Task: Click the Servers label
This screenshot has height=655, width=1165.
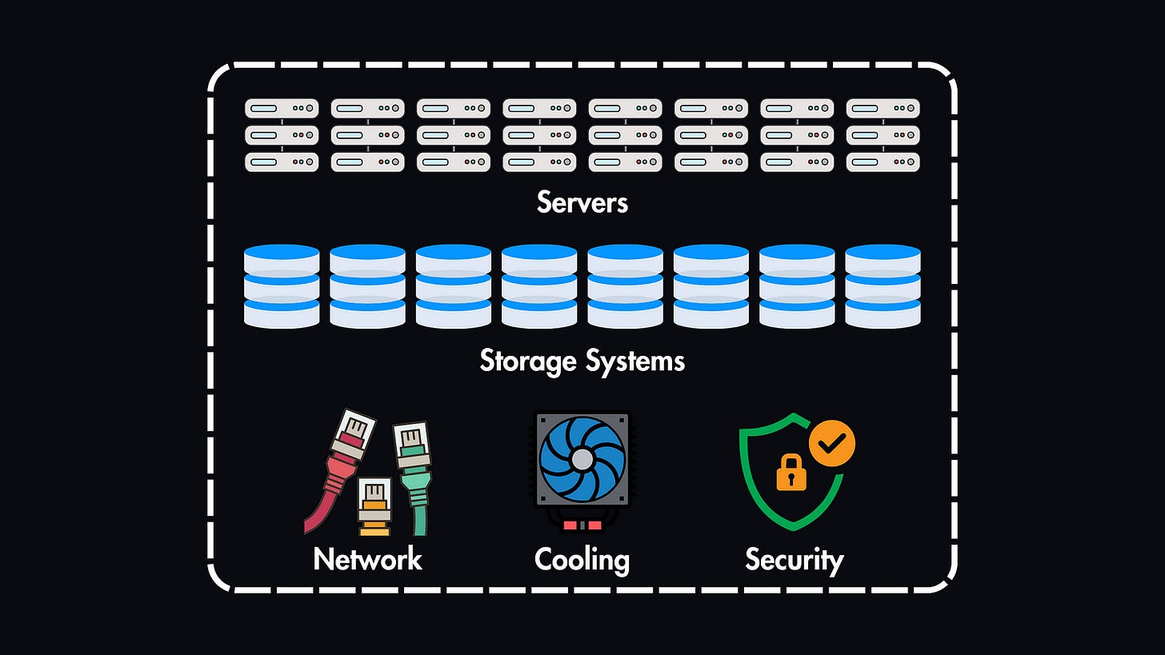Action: [x=582, y=202]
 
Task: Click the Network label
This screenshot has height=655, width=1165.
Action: [x=367, y=558]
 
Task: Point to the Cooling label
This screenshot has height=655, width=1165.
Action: [x=582, y=559]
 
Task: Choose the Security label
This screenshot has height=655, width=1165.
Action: [x=794, y=559]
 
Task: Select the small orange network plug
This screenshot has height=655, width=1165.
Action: [x=374, y=502]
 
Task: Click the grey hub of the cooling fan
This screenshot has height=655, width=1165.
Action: [x=582, y=459]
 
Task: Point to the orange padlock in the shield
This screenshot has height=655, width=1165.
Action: [x=791, y=473]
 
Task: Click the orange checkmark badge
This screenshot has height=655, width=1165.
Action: [x=832, y=443]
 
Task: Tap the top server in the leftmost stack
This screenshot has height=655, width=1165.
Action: [x=282, y=108]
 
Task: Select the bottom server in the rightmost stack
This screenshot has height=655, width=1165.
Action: [x=883, y=162]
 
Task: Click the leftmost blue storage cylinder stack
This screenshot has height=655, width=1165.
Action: [x=282, y=286]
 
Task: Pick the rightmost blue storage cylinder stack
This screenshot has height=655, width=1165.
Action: [x=883, y=286]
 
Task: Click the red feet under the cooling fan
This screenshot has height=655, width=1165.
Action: [x=582, y=525]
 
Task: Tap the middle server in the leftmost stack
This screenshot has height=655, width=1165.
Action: [x=282, y=135]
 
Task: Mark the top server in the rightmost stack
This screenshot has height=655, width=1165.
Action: [x=883, y=108]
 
